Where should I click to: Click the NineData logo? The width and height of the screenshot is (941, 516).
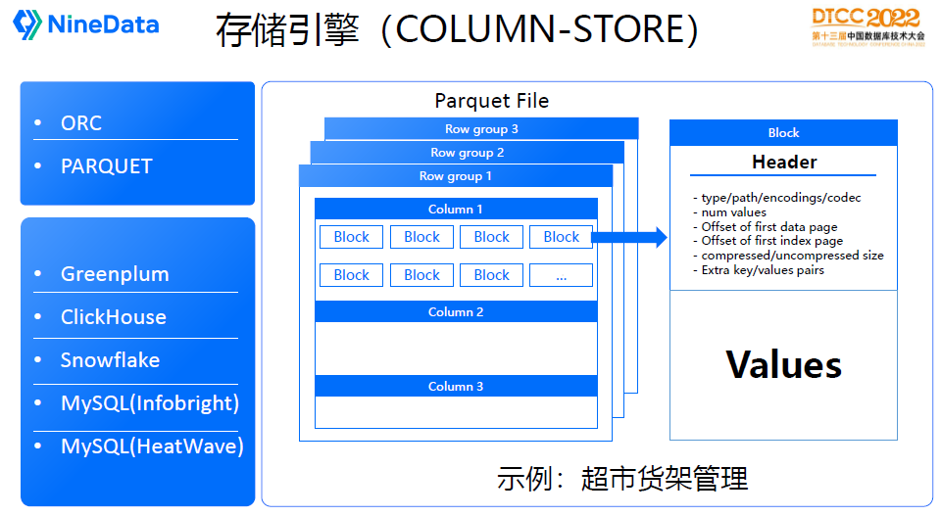[x=86, y=24]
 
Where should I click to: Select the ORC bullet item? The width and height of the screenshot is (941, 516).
[x=81, y=123]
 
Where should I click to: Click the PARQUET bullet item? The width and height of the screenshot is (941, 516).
[x=106, y=166]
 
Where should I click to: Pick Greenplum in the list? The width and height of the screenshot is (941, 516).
[x=115, y=274]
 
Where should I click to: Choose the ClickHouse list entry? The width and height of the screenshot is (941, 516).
[x=113, y=317]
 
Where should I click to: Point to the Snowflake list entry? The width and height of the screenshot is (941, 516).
[x=110, y=360]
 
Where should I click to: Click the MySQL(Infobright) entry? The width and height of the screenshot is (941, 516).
[x=149, y=403]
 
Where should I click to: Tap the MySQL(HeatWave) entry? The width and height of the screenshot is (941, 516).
[x=152, y=446]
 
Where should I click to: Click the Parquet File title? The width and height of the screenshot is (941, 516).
[x=491, y=101]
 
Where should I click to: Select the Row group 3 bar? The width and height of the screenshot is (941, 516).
[x=481, y=129]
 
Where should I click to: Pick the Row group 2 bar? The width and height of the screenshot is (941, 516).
[x=468, y=153]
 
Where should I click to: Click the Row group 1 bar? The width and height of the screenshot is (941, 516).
[x=456, y=176]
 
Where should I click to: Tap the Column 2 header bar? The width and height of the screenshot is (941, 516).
[x=456, y=312]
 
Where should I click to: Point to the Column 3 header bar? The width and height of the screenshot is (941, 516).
[x=456, y=387]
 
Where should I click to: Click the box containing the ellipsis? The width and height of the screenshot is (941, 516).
[x=561, y=275]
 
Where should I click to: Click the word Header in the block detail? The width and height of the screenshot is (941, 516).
[x=784, y=163]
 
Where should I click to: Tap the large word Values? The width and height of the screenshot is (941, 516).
[x=784, y=365]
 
